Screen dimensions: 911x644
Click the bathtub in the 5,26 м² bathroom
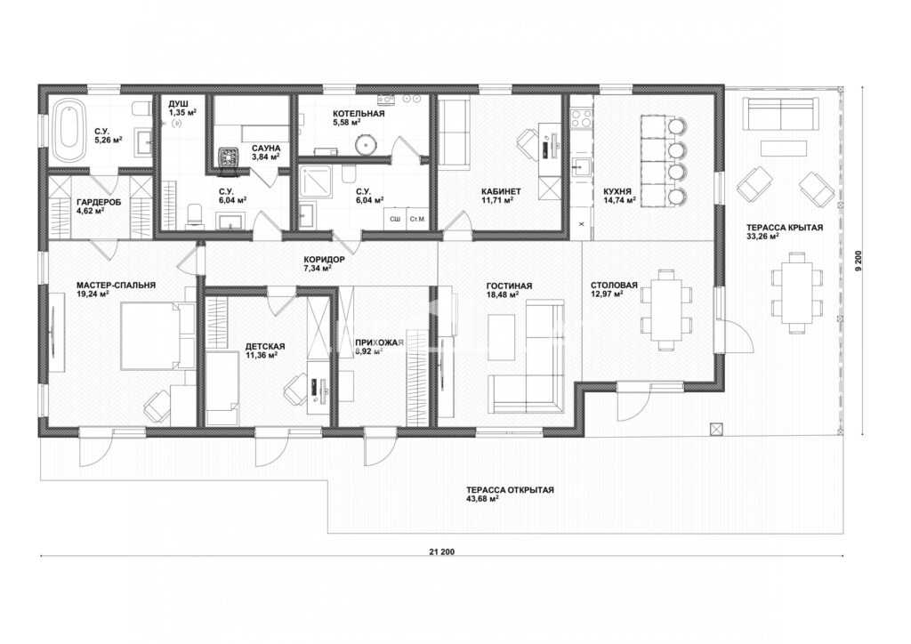click(66, 130)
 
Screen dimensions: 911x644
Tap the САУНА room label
click(266, 149)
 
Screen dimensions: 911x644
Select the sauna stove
click(230, 158)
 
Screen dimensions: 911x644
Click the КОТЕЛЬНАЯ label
click(359, 114)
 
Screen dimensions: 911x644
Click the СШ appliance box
click(394, 219)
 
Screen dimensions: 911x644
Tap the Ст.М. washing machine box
click(416, 219)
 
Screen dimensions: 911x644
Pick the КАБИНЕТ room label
click(501, 191)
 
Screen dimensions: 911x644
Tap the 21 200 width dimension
click(442, 551)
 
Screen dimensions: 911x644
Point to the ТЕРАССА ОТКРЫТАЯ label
click(510, 490)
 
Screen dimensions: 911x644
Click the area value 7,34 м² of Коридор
click(318, 269)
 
